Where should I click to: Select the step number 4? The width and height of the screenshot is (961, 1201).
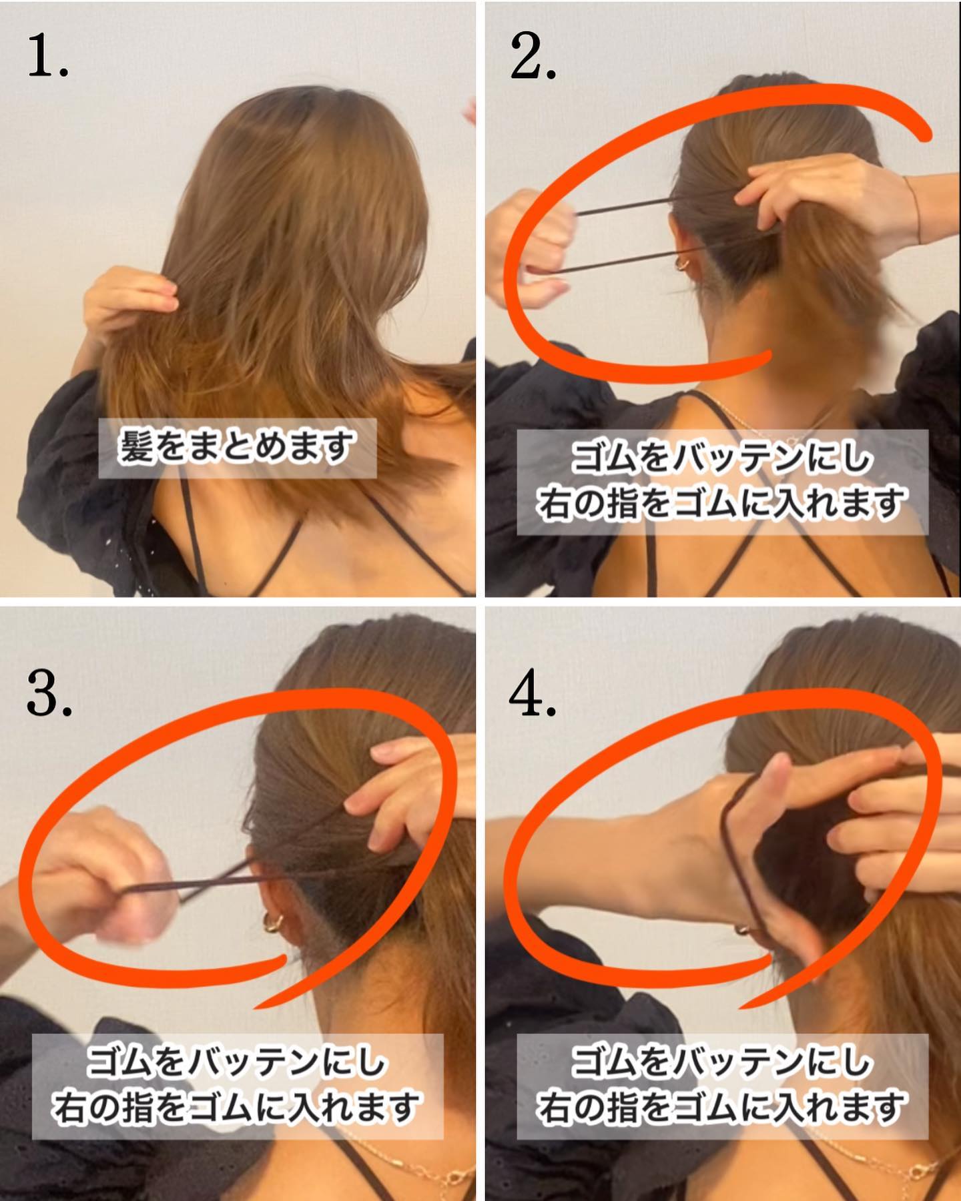coord(533,694)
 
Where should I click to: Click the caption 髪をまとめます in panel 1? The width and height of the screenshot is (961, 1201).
coord(237,448)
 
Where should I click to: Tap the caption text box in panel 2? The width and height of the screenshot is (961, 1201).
coord(722,482)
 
